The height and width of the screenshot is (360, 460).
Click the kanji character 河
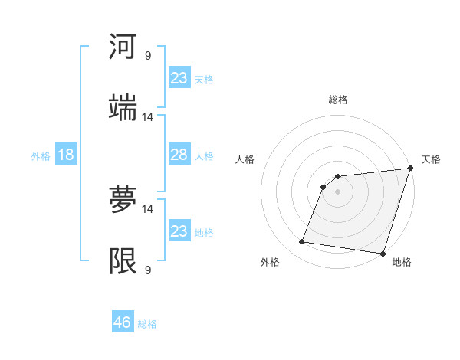123,47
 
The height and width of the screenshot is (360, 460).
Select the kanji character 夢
123,201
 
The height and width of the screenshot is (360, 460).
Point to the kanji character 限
123,261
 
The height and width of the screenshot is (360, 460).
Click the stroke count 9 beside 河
148,56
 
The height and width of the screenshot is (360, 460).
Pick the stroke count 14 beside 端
148,117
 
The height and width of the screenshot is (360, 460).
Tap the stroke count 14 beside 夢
148,208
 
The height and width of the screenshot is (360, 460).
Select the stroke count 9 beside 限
148,270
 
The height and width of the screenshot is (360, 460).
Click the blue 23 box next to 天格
179,77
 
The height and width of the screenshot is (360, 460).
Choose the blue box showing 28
179,155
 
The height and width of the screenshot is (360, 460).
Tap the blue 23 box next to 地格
179,231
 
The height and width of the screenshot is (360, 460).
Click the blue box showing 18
65,155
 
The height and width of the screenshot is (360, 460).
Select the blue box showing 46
123,322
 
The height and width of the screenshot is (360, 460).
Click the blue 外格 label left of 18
41,156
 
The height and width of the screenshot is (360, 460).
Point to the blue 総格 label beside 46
147,323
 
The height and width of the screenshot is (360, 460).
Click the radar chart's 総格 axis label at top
338,100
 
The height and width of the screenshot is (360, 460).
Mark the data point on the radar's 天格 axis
410,169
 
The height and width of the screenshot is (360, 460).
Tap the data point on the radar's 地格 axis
383,254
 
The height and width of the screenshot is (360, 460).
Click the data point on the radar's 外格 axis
302,242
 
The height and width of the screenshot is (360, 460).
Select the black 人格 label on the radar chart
245,159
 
